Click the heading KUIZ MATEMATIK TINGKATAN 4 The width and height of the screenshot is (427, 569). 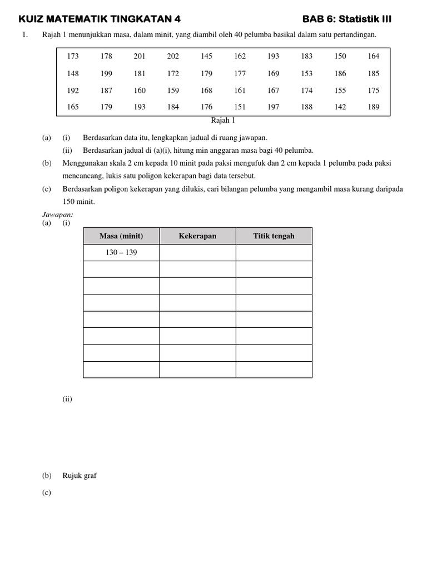[100, 19]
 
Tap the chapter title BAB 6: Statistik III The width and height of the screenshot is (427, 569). [347, 19]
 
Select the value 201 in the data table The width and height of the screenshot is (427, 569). [140, 56]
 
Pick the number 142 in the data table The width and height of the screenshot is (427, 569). [340, 107]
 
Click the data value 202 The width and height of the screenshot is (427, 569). [173, 56]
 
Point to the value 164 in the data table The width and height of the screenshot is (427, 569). [374, 56]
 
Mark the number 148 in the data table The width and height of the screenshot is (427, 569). [73, 73]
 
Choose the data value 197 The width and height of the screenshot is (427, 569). [273, 107]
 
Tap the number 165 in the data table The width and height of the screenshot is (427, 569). [73, 107]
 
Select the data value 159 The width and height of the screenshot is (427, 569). [173, 91]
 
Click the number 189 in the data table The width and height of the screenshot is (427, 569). [374, 107]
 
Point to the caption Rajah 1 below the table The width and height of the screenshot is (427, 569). [223, 120]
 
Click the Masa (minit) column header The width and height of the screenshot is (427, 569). [121, 236]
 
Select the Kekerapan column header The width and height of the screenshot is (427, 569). [197, 236]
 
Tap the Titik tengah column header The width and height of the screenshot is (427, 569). [274, 236]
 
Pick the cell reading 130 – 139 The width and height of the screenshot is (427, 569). [121, 253]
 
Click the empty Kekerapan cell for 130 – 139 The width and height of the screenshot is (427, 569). [197, 253]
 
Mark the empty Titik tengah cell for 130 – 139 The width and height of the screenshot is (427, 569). [274, 253]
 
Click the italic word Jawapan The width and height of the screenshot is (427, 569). [58, 214]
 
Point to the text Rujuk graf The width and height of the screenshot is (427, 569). [80, 476]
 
